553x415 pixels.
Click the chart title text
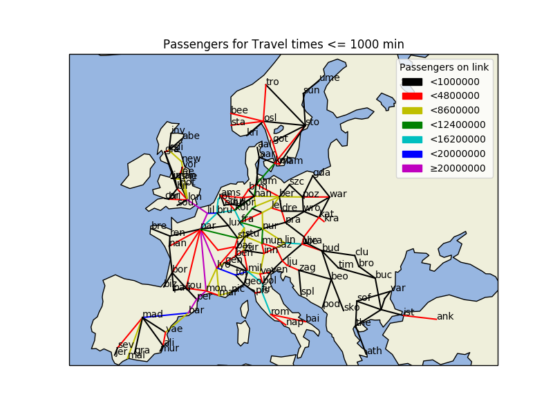click(x=283, y=44)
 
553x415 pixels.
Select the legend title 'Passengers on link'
click(x=444, y=67)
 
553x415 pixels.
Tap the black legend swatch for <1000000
click(x=412, y=82)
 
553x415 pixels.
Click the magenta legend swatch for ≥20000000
click(x=412, y=168)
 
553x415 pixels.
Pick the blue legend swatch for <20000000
click(x=412, y=154)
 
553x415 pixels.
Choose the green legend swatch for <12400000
click(x=412, y=124)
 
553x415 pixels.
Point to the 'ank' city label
click(x=445, y=316)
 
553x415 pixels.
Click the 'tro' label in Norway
click(x=272, y=82)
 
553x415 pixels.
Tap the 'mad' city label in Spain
click(x=152, y=314)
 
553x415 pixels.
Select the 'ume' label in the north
click(x=329, y=77)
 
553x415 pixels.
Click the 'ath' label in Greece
click(x=374, y=351)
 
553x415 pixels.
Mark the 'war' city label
click(x=338, y=194)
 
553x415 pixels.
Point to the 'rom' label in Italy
click(x=280, y=311)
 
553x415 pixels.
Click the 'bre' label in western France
click(x=159, y=225)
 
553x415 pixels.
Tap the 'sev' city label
click(x=125, y=344)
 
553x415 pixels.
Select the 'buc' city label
click(x=384, y=275)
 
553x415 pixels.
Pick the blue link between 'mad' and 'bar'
click(x=166, y=314)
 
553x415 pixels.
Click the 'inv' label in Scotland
click(x=178, y=130)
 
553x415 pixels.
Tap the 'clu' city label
click(x=362, y=252)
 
